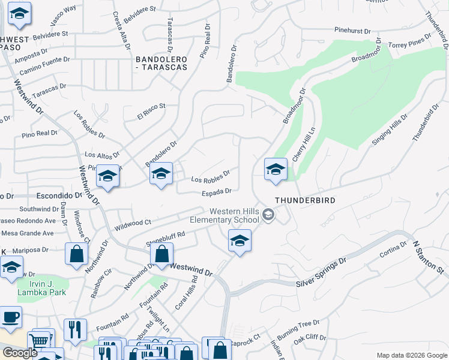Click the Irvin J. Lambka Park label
[x=38, y=287]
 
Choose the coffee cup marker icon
[x=11, y=317]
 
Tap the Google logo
[x=20, y=352]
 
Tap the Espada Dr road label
[x=216, y=191]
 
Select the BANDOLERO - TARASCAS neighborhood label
[x=161, y=63]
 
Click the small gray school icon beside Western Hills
[x=269, y=214]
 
